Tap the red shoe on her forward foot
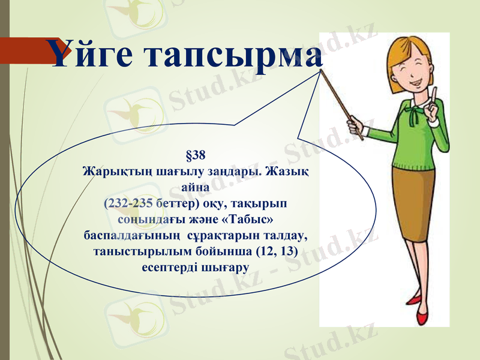[x=415, y=298]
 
